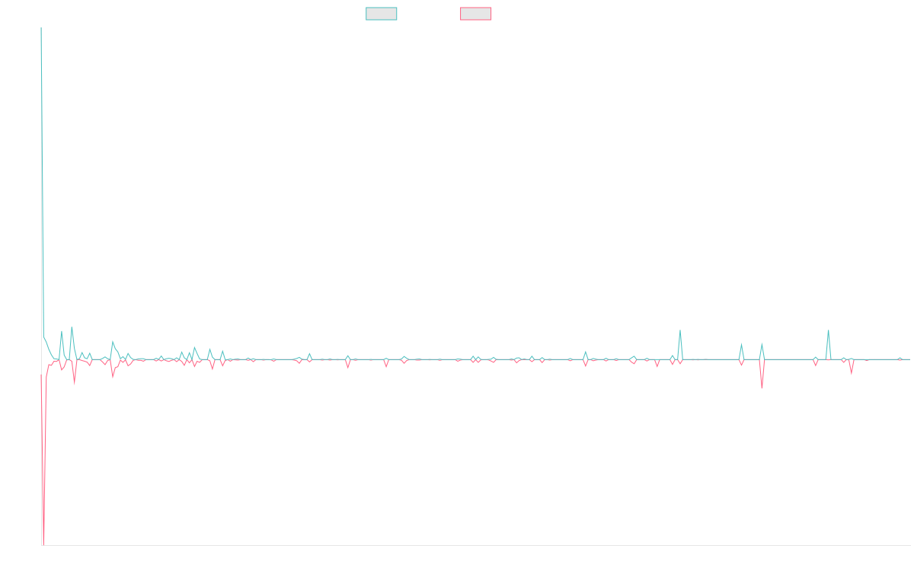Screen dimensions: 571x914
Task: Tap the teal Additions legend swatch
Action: click(382, 14)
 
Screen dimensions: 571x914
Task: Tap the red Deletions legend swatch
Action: click(475, 14)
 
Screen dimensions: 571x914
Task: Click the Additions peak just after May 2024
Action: click(680, 330)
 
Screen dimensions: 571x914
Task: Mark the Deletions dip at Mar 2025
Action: click(762, 389)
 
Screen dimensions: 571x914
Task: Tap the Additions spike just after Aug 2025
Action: click(828, 330)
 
